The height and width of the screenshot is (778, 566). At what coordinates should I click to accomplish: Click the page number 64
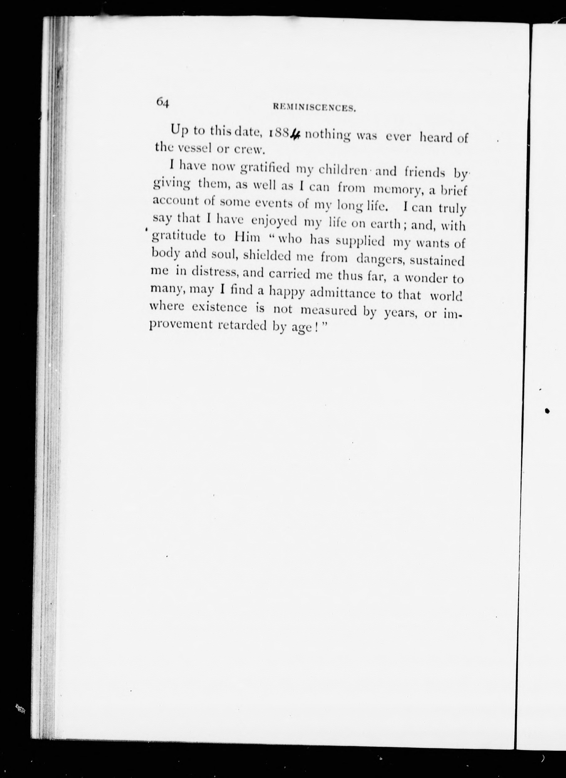(x=162, y=102)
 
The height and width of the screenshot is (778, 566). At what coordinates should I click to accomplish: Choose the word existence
(x=219, y=307)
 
